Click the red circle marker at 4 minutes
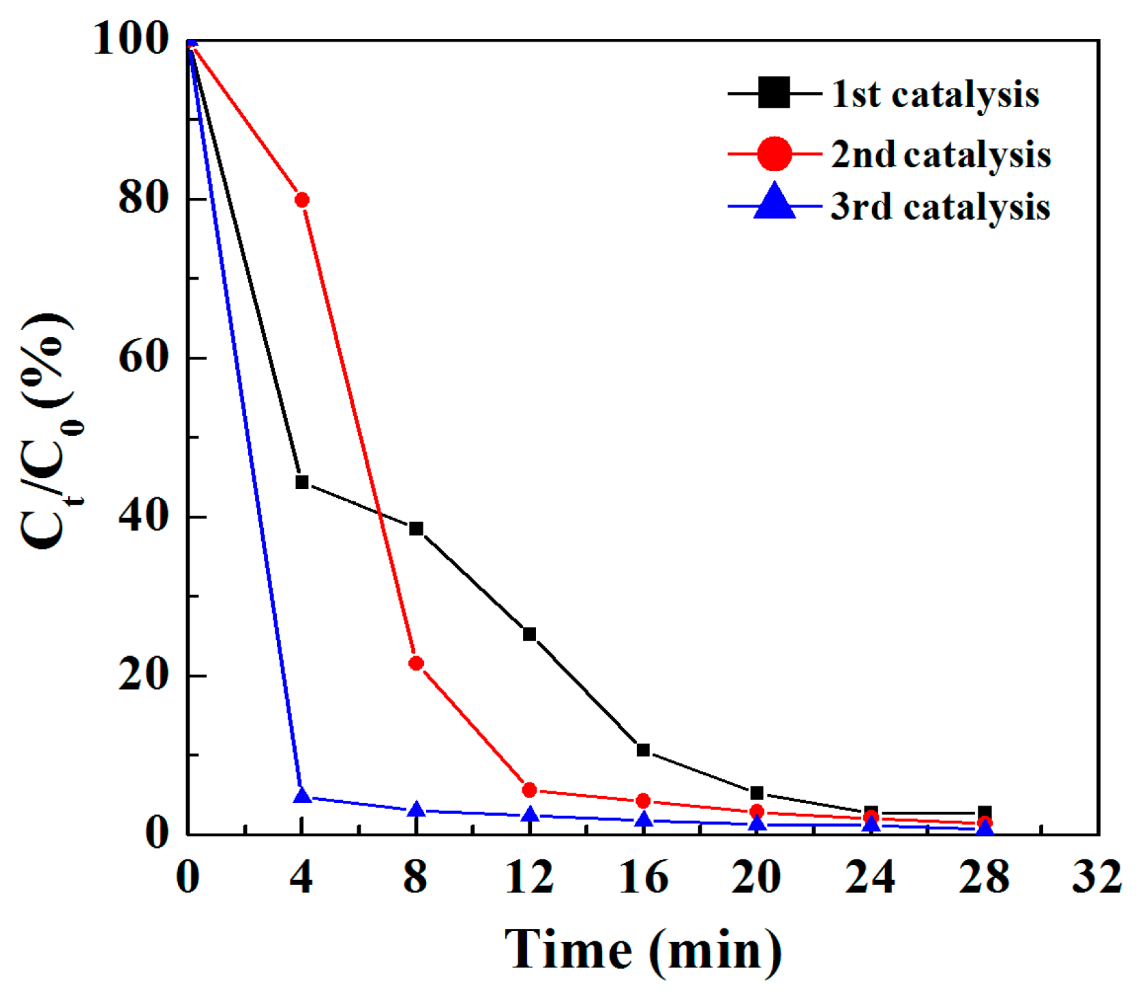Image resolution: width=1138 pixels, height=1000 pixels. [302, 200]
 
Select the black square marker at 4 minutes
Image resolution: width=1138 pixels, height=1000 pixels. [302, 482]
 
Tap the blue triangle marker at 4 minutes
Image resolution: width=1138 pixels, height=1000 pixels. [302, 795]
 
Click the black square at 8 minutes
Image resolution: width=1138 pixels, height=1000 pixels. [416, 529]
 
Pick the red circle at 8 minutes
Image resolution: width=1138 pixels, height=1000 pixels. [416, 663]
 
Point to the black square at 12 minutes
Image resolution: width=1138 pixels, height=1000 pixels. [530, 634]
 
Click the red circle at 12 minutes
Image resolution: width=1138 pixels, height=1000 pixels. [530, 790]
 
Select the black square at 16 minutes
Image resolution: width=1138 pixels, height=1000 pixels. [643, 750]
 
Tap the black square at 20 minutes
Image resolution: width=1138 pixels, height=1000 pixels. [757, 793]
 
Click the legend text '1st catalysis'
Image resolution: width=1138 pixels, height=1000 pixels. [935, 94]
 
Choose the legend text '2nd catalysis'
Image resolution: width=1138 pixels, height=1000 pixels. [940, 154]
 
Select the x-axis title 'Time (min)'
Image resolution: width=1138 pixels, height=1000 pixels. [643, 950]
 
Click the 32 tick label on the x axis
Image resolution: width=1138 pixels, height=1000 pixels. [1096, 877]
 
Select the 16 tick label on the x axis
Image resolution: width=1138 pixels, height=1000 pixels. [643, 877]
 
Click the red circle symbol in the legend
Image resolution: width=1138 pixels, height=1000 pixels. [775, 153]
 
